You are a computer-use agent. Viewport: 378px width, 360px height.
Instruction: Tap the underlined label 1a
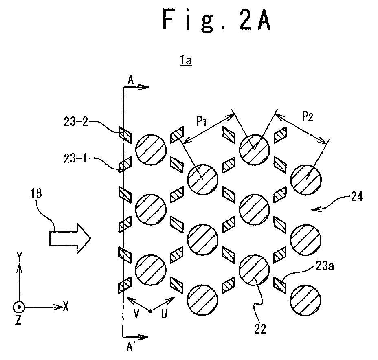[185, 61]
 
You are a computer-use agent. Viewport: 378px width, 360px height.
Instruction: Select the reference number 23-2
[76, 122]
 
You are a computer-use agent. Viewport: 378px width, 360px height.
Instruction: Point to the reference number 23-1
[75, 159]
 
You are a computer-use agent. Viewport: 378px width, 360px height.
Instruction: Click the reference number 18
[36, 193]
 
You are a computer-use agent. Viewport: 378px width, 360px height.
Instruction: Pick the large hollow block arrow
[70, 238]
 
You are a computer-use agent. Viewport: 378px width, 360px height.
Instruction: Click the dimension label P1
[201, 121]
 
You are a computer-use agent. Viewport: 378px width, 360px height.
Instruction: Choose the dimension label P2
[308, 116]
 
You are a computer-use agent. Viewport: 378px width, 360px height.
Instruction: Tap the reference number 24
[356, 196]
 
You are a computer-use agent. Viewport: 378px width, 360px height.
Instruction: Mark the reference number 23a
[325, 266]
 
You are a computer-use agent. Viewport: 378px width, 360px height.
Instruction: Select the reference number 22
[260, 329]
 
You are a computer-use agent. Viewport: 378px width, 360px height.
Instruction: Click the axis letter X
[66, 307]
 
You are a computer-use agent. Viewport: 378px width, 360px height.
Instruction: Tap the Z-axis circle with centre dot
[19, 307]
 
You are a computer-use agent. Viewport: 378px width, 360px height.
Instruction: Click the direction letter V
[136, 314]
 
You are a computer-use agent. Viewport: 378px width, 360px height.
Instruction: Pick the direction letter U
[164, 314]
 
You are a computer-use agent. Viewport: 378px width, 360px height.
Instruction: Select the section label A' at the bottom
[130, 347]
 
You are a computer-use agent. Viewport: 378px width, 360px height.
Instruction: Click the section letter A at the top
[130, 80]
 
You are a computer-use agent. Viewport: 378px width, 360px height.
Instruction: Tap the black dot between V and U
[150, 311]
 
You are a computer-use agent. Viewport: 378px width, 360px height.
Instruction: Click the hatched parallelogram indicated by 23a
[280, 285]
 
